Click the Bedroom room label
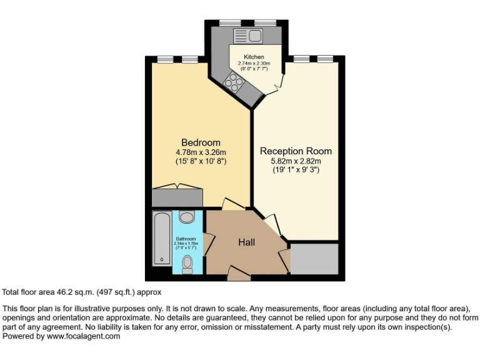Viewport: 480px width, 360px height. click(201, 142)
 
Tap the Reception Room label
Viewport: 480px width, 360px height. click(296, 151)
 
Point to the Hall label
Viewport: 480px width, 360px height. click(246, 242)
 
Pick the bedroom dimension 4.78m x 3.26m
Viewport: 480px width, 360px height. click(201, 152)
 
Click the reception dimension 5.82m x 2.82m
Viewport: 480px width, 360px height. click(296, 161)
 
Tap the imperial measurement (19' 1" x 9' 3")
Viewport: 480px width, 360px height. click(296, 169)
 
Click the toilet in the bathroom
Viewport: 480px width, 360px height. click(187, 264)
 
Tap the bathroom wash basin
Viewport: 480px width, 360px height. click(186, 217)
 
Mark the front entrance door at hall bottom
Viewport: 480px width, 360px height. click(237, 271)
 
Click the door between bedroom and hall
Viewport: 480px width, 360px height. click(232, 204)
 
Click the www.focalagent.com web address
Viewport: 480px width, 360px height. click(83, 336)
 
